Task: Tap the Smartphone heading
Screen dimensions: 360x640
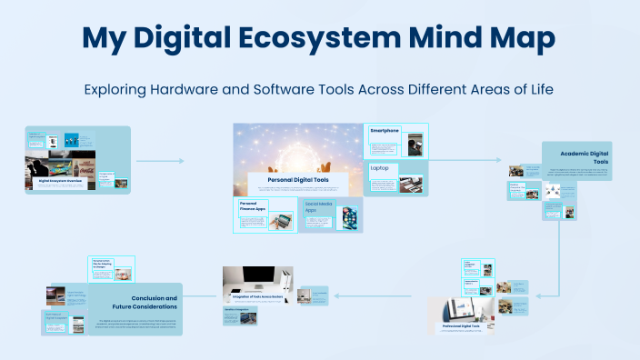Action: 385,131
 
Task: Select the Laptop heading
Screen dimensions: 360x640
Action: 380,168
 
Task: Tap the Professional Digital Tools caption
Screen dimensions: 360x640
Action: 466,325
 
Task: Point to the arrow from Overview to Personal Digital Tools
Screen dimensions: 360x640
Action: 159,161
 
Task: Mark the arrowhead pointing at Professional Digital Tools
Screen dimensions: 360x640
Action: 535,295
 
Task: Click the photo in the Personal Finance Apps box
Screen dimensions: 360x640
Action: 280,221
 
